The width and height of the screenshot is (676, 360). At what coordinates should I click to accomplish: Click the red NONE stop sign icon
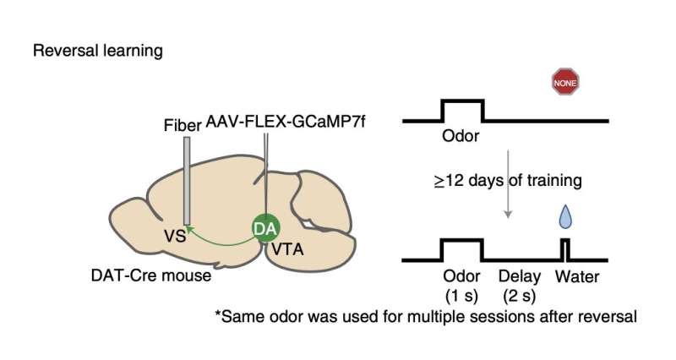565,82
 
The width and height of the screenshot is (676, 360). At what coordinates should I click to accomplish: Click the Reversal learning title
98,51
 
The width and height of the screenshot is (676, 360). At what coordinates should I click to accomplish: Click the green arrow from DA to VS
220,239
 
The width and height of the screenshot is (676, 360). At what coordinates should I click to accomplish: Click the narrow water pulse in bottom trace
566,247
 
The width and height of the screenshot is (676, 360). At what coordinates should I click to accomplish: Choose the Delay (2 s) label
515,285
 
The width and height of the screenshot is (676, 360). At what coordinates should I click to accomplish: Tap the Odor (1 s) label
462,285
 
